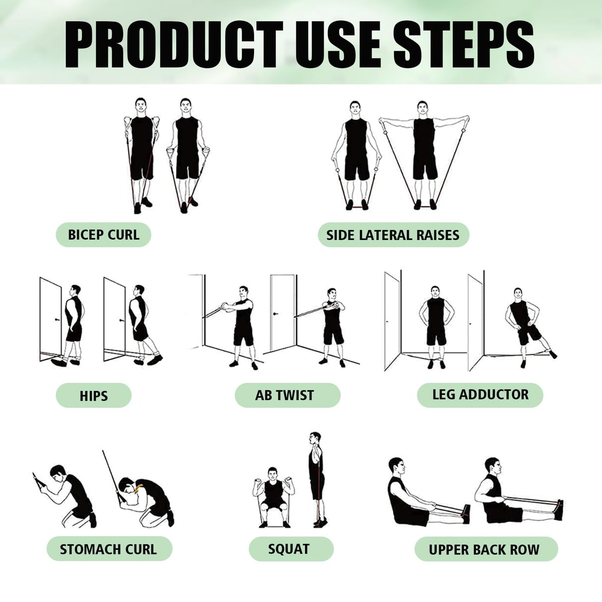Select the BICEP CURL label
point(103,235)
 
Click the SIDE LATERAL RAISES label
point(393,235)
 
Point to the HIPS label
point(93,395)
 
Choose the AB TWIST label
point(287,395)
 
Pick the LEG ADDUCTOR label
point(480,395)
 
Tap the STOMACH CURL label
point(109,549)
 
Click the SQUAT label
point(291,549)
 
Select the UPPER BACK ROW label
point(486,549)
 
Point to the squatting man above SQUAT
point(273,498)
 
